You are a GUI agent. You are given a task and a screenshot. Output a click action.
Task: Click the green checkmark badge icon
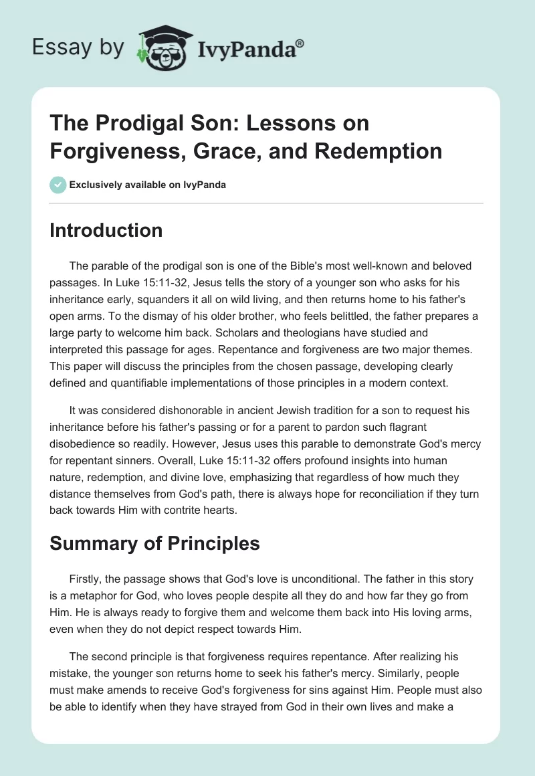pyautogui.click(x=58, y=185)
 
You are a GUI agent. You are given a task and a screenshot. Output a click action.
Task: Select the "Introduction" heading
pyautogui.click(x=106, y=230)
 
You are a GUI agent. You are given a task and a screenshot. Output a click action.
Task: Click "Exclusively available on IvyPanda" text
pyautogui.click(x=148, y=185)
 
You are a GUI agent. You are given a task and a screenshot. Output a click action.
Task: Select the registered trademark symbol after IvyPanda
pyautogui.click(x=300, y=42)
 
